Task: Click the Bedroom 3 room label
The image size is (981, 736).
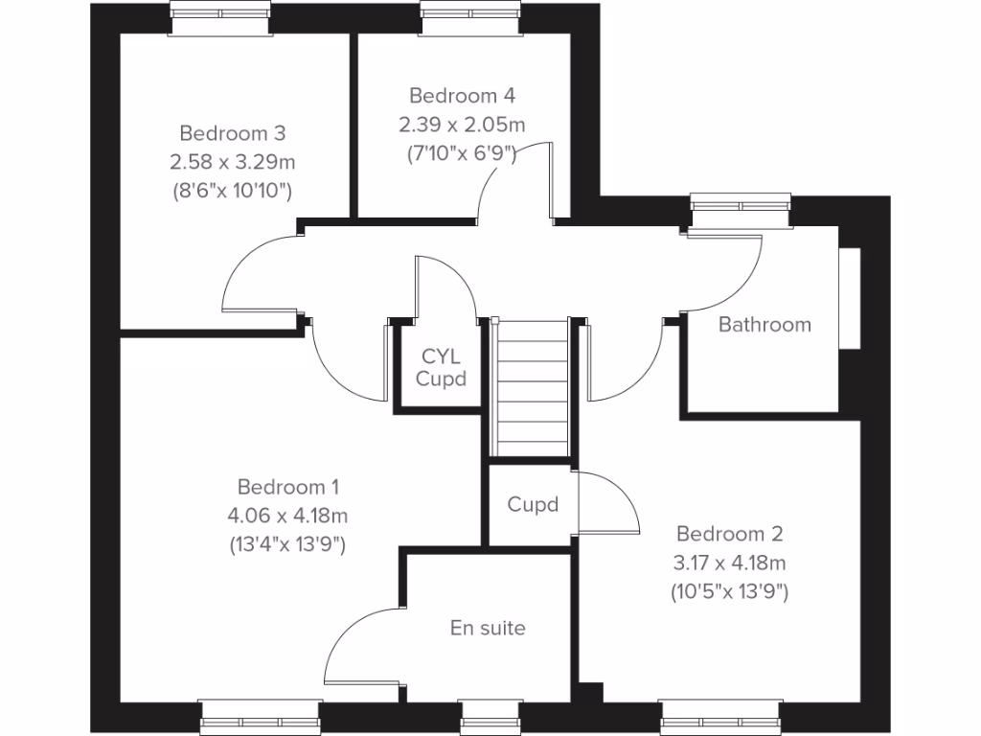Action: click(x=232, y=132)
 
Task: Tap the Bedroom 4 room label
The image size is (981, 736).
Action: click(x=462, y=96)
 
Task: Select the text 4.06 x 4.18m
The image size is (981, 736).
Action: click(x=287, y=516)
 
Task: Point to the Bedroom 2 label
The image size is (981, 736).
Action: click(x=729, y=533)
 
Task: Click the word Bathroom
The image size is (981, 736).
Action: click(x=764, y=325)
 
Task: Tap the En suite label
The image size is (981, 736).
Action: click(x=488, y=629)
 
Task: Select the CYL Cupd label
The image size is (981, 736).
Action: click(x=441, y=367)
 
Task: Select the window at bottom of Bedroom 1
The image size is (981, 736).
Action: click(x=260, y=717)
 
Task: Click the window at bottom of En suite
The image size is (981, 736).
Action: click(x=488, y=717)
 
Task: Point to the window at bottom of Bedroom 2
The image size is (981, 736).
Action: click(x=719, y=717)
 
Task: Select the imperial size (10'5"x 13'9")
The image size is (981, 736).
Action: click(x=729, y=592)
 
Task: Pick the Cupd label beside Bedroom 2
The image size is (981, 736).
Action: click(x=533, y=504)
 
